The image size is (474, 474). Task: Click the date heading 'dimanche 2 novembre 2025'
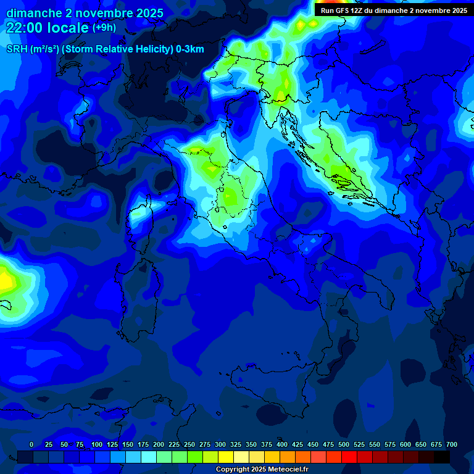[85, 13]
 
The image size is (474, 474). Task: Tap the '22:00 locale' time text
[47, 28]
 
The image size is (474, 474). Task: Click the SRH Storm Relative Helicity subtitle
[105, 49]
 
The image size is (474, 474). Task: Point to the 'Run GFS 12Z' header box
[394, 10]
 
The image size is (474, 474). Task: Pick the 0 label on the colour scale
[31, 444]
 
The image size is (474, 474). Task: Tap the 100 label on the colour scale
[96, 444]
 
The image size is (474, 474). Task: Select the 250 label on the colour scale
[189, 444]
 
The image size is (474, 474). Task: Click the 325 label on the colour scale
[236, 444]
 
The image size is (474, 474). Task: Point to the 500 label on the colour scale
[344, 444]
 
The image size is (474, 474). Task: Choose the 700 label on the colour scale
[452, 444]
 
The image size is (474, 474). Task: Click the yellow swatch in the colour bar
[226, 457]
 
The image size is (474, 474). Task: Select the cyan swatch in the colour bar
[149, 457]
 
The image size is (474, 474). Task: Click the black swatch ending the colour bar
[442, 457]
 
